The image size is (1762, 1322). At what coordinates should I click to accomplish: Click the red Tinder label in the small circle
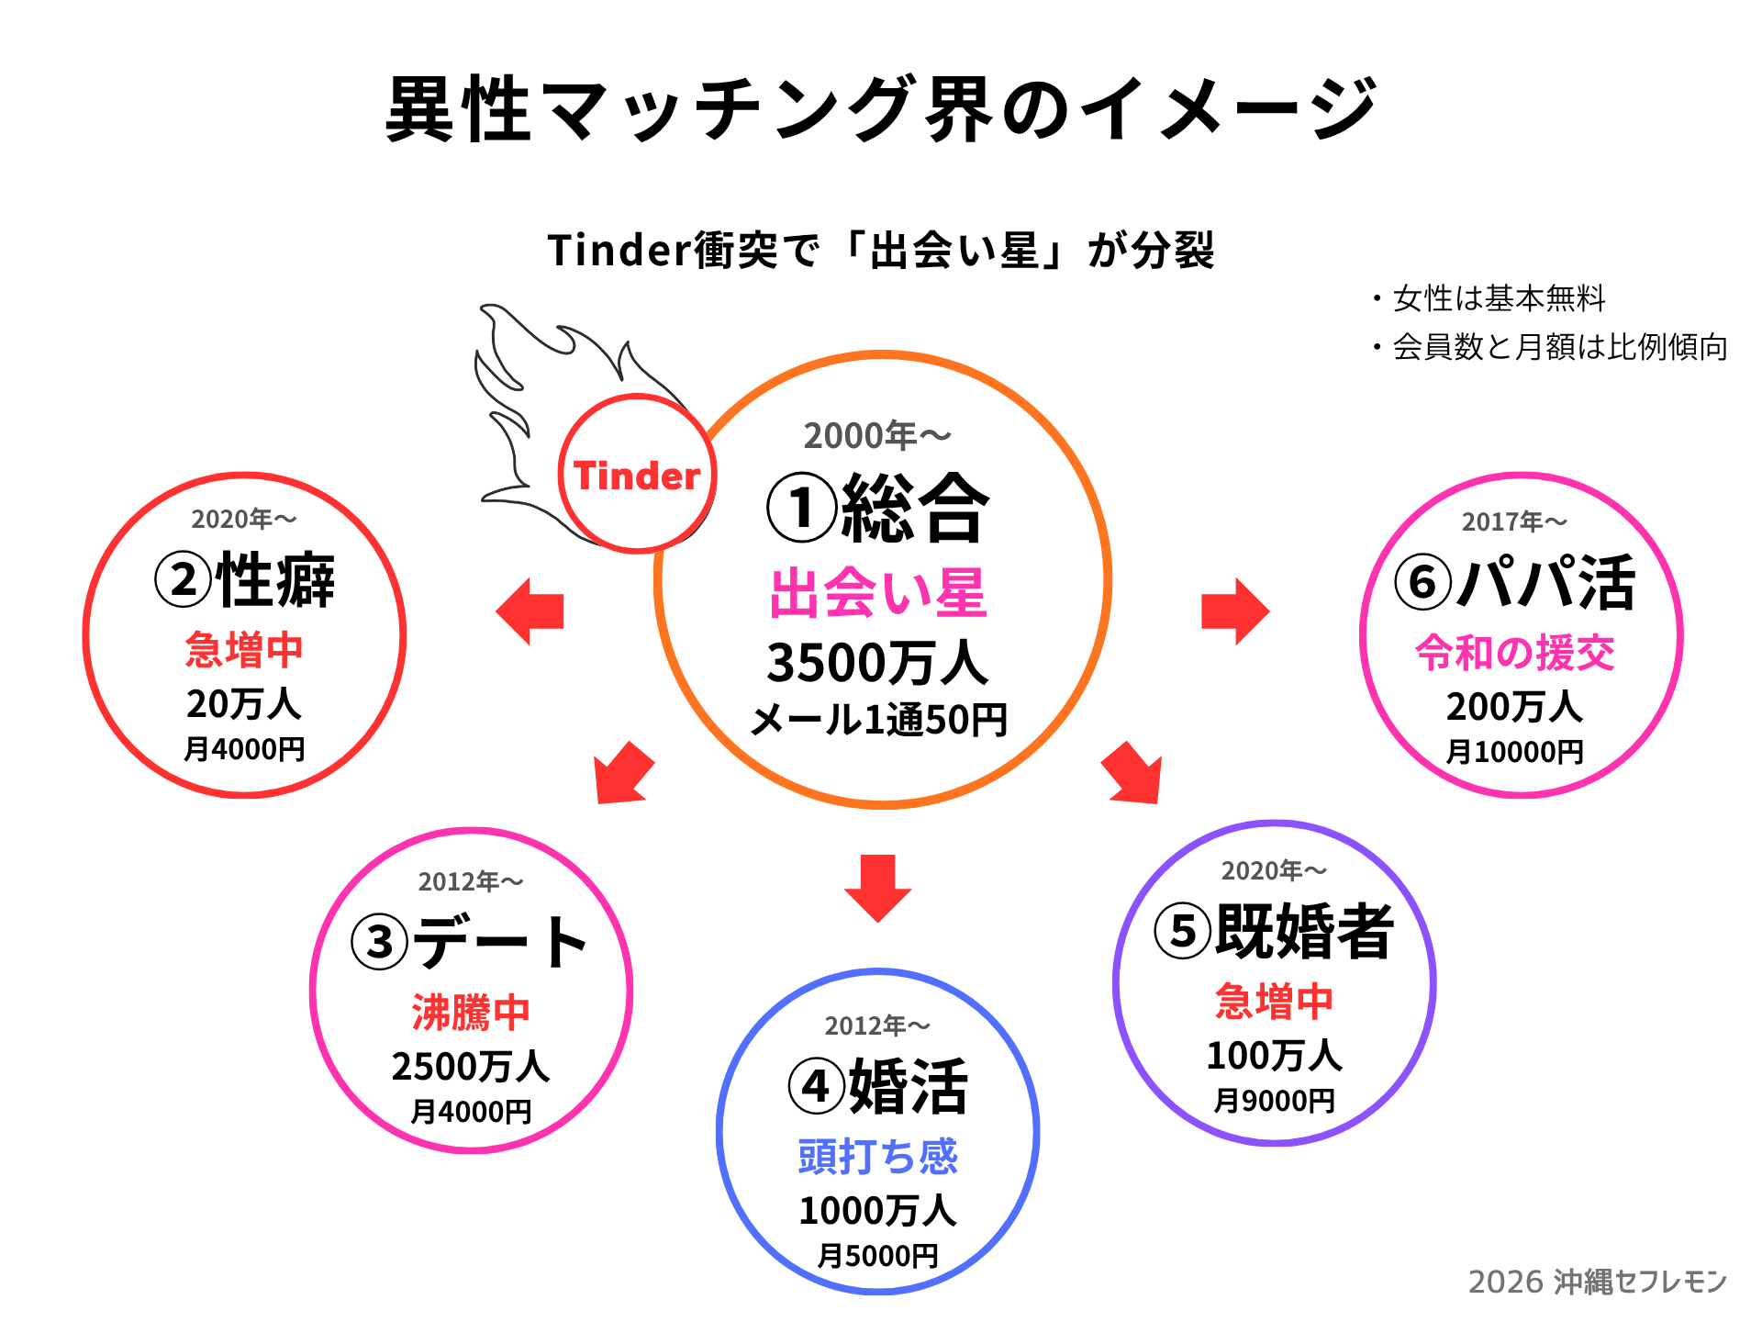(636, 476)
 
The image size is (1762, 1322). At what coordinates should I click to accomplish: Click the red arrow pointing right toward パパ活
(1234, 611)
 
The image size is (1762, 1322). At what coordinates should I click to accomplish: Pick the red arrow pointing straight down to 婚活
(878, 887)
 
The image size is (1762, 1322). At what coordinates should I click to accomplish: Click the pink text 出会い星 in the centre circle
(878, 593)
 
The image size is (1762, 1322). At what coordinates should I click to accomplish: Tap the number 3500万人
(878, 663)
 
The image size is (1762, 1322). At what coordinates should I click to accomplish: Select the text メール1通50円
(878, 720)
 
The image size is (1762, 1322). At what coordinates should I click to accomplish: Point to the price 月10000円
(1515, 752)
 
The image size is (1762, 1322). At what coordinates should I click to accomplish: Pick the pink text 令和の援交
(1515, 653)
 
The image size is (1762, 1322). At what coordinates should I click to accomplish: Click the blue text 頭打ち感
(878, 1156)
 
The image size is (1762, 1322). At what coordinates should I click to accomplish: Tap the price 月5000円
(878, 1255)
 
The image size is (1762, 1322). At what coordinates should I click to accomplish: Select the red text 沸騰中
(471, 1013)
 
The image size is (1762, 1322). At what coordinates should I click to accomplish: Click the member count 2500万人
(471, 1067)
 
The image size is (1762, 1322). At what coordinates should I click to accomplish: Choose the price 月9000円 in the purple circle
(1274, 1100)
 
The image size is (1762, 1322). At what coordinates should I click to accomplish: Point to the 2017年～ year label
(1515, 521)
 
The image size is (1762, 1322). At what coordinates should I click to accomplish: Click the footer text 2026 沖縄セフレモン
(1598, 1282)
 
